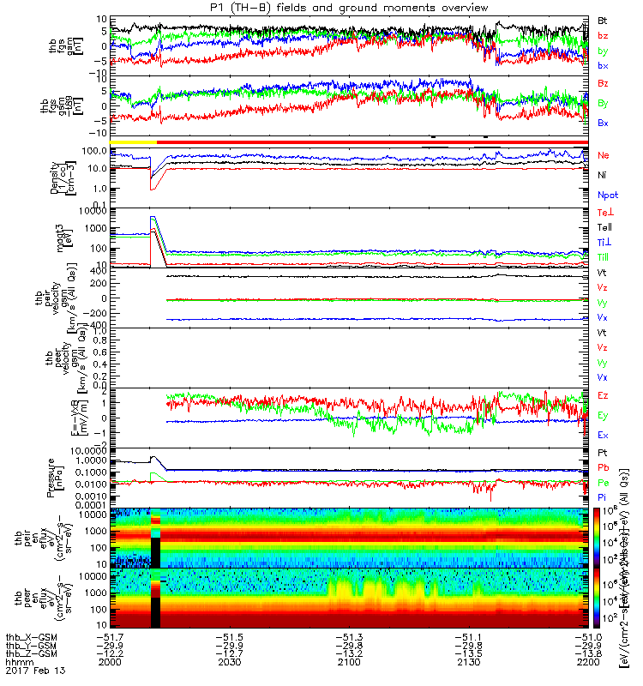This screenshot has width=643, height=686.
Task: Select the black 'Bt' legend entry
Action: tap(603, 19)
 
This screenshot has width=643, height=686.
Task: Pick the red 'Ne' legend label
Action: tap(604, 155)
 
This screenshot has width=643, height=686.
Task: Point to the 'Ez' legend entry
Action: tap(604, 395)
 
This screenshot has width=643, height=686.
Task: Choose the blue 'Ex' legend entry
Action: tap(604, 435)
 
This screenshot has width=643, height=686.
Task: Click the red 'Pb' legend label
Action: tap(604, 467)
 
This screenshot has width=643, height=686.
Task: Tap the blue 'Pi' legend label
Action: tap(603, 497)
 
